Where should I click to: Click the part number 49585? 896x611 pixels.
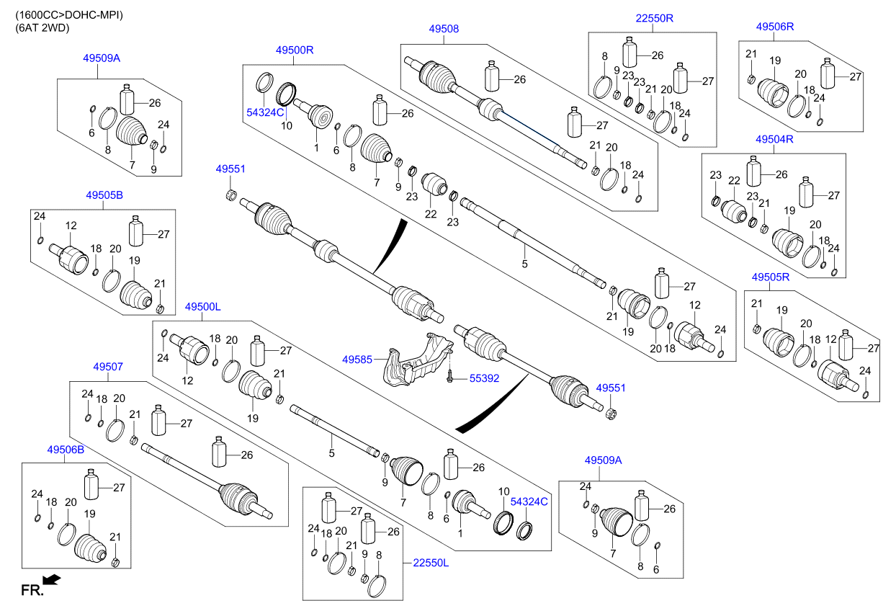pos(357,360)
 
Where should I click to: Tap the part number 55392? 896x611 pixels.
pos(484,378)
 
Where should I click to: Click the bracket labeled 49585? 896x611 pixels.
pos(417,360)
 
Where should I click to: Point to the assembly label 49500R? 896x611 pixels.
pos(295,50)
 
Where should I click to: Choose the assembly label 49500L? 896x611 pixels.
pos(202,307)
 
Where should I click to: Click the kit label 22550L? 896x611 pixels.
pos(431,563)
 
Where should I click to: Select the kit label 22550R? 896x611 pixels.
pos(655,18)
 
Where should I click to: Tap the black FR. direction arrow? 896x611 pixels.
pos(52,580)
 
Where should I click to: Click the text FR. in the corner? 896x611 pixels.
pos(32,590)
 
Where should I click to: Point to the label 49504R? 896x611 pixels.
pos(774,139)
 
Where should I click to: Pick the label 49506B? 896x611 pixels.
pos(66,450)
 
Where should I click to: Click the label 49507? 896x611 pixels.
pos(108,367)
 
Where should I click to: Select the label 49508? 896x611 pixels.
pos(444,29)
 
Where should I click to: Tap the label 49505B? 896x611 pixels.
pos(104,195)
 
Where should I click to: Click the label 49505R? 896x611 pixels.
pos(771,277)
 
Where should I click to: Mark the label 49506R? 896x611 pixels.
pos(775,27)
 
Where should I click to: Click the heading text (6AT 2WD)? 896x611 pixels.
pos(42,28)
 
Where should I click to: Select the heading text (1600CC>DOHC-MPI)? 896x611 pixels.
pos(69,15)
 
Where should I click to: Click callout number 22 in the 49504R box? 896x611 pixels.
pos(734,181)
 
